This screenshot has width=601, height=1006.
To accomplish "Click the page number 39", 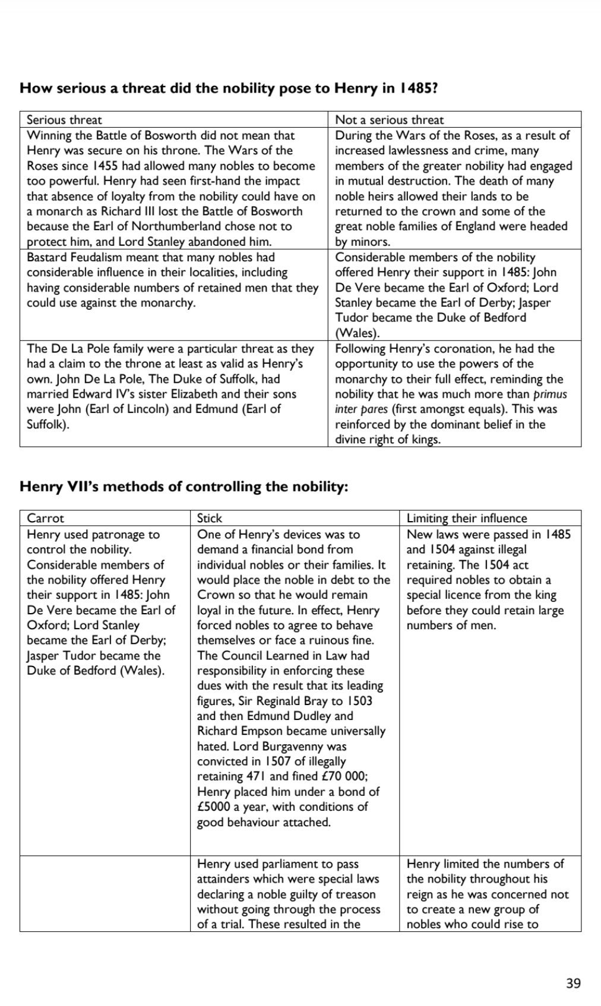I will coord(573,983).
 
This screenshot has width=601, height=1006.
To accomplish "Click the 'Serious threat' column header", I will coord(64,120).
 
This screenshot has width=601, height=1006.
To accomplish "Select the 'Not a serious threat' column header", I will coord(389,120).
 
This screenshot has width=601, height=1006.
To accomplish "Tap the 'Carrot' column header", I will coord(45,518).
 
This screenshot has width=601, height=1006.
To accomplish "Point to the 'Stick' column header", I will coord(210,518).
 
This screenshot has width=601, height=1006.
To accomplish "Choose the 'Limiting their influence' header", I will coord(466,518).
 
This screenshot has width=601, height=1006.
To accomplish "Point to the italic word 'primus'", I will coord(551,394).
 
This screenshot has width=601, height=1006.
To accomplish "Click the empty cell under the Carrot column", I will coord(105,893).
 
